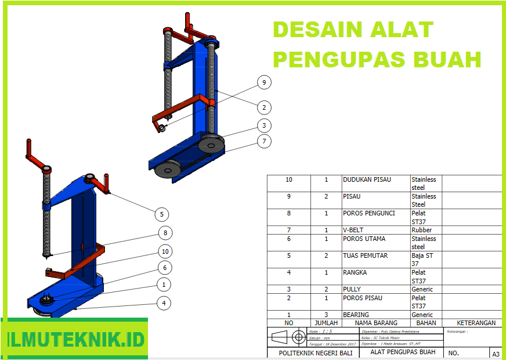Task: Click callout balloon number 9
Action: click(264, 83)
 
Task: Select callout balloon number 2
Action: click(264, 107)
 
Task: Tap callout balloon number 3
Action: click(264, 125)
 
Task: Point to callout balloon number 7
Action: click(264, 141)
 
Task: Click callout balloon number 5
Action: click(162, 214)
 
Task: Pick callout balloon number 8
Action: click(165, 233)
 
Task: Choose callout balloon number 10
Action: click(165, 251)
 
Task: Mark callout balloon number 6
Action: click(165, 268)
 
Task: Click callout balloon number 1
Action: click(164, 285)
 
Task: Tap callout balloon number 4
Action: click(164, 303)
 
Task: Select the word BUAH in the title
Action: click(451, 59)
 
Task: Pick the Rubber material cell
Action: click(422, 230)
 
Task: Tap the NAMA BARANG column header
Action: click(376, 323)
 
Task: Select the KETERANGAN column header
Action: click(476, 323)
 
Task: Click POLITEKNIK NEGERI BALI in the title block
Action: click(316, 352)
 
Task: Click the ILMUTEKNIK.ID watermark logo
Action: click(75, 339)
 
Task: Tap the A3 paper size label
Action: click(496, 354)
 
